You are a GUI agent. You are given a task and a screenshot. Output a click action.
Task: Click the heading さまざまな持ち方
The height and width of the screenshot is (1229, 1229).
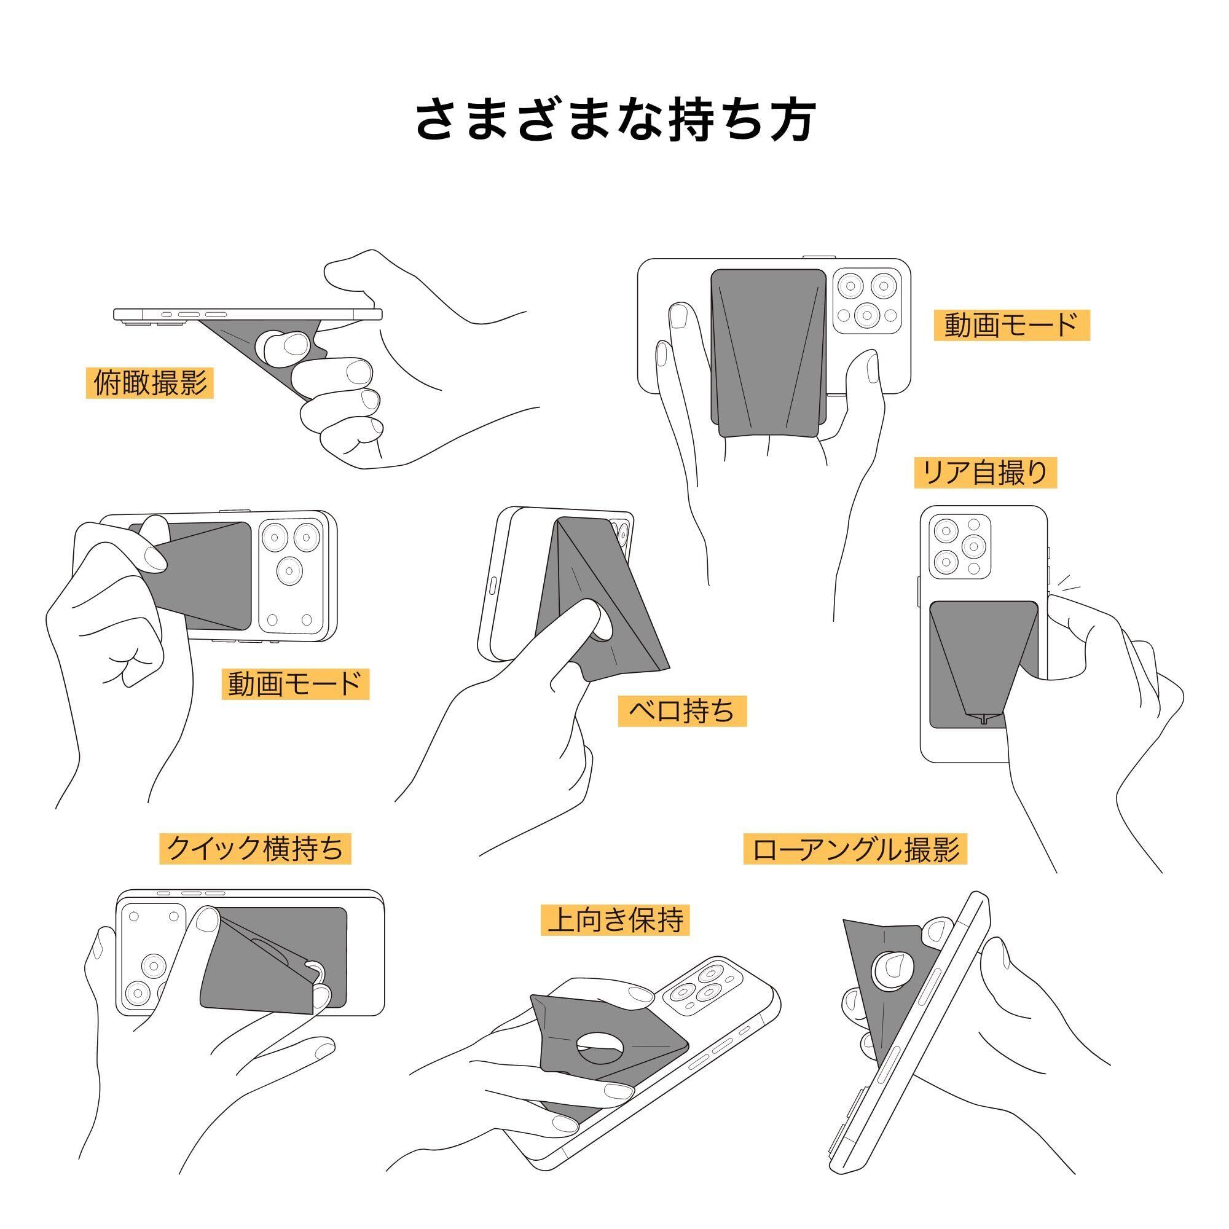coord(614,120)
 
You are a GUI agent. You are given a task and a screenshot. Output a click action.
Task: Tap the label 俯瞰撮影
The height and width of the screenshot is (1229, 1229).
coord(149,383)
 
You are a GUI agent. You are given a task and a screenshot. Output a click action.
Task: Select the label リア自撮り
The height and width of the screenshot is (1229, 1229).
coord(984,473)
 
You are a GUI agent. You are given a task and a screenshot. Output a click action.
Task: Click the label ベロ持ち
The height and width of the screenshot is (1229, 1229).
coord(681,710)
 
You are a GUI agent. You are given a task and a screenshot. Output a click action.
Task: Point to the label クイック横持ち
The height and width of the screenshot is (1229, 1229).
coord(254,848)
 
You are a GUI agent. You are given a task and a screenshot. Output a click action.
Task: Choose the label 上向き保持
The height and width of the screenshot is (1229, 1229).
coord(615,920)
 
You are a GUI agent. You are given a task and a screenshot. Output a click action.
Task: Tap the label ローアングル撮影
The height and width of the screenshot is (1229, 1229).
coord(854,849)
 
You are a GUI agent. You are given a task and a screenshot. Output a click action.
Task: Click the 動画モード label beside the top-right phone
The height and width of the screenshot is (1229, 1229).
coord(1011,325)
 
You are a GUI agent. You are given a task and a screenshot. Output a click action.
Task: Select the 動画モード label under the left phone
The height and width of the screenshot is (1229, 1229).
coord(295,684)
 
